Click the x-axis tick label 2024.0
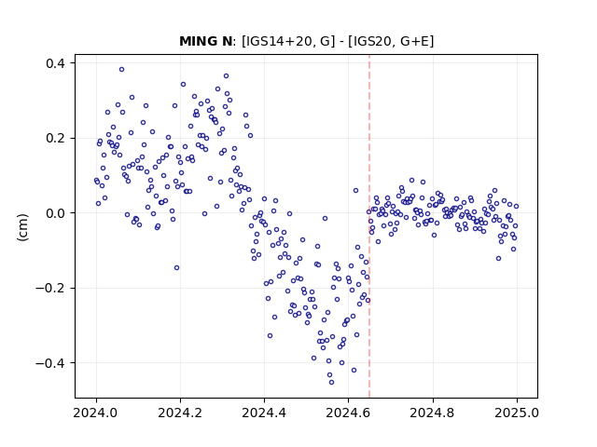(x=96, y=413)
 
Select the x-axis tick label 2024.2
(x=180, y=413)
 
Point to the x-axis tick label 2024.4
(x=264, y=413)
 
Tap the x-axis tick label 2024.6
(x=348, y=413)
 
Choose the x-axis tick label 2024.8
(x=433, y=413)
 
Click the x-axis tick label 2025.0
(x=517, y=413)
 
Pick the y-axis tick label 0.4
(x=55, y=63)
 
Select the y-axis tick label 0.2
(x=55, y=138)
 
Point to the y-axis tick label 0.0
(x=55, y=213)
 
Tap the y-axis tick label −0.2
(x=50, y=288)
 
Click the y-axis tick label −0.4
(x=50, y=363)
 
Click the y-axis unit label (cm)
(x=22, y=227)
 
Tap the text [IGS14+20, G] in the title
(x=288, y=41)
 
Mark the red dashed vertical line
(x=369, y=226)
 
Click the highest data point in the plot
(x=121, y=70)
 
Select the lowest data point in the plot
(x=332, y=383)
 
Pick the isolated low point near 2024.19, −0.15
(x=176, y=268)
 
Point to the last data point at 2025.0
(x=516, y=207)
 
